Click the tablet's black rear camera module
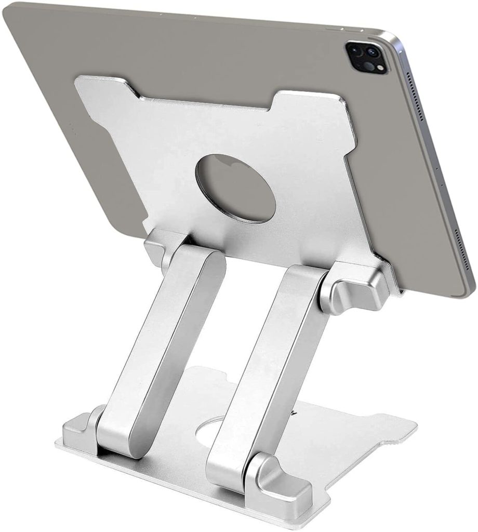click(x=367, y=58)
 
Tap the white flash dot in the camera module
click(x=379, y=68)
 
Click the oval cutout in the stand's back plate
click(x=235, y=188)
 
